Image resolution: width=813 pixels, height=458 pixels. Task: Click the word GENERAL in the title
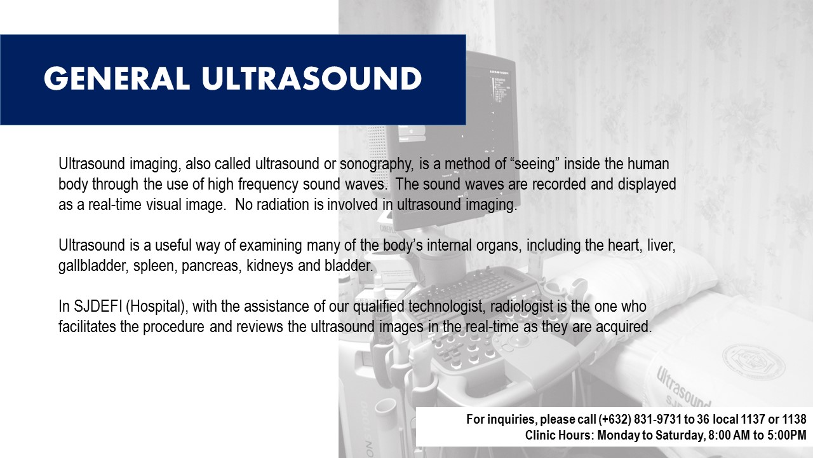point(116,78)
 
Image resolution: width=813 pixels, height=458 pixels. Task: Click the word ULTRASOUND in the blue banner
point(312,78)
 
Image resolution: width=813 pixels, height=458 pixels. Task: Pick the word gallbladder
point(93,266)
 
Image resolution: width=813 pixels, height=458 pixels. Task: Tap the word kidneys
point(270,266)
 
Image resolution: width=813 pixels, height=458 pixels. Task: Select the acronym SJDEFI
point(98,307)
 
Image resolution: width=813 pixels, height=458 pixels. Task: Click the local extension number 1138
point(794,419)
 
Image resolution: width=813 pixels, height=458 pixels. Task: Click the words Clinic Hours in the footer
point(558,436)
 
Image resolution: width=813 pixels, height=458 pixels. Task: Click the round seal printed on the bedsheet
point(753,358)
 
